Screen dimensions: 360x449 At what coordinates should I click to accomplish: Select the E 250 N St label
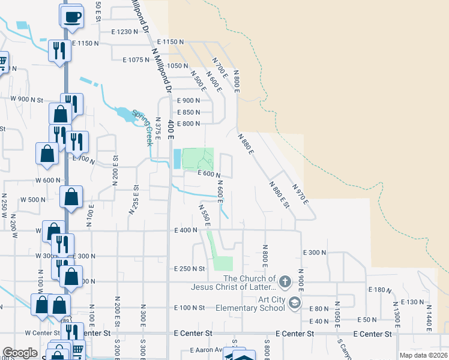tap(190, 269)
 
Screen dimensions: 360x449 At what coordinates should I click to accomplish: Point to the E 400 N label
tap(187, 230)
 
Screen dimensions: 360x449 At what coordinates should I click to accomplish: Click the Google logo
tap(20, 353)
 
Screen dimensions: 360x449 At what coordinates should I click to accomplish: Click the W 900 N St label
tap(28, 99)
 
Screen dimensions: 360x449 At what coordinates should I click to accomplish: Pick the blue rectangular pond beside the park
tap(176, 159)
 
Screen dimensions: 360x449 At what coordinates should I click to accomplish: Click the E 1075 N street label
tap(136, 60)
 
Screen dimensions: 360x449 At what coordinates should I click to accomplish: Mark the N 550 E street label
tap(204, 214)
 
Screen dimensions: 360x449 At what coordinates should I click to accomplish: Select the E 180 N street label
tap(378, 290)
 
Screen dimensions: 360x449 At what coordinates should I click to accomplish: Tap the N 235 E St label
tap(133, 199)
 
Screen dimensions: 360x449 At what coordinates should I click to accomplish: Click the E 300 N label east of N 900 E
tap(315, 253)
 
